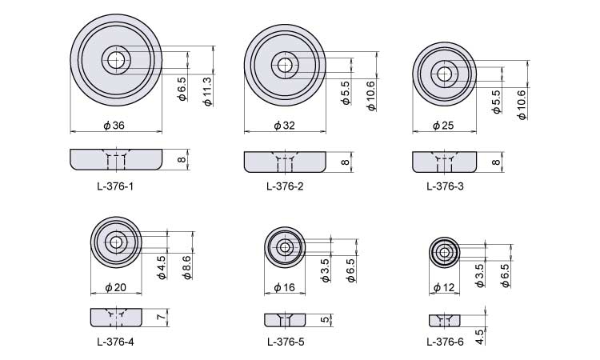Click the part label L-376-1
click(115, 186)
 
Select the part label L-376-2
click(285, 186)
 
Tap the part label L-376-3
click(445, 186)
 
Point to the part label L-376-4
click(115, 342)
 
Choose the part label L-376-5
click(286, 342)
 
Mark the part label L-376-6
click(445, 342)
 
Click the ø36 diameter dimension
click(114, 125)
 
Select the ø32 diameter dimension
click(285, 125)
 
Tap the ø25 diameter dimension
click(443, 125)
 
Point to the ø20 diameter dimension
click(115, 287)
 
